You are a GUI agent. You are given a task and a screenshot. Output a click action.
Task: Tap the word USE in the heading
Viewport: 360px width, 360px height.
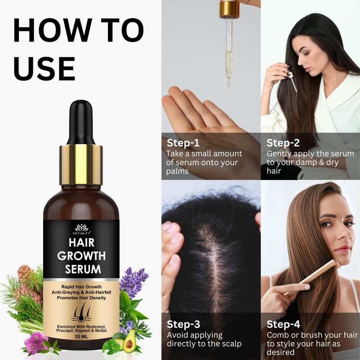(x=44, y=67)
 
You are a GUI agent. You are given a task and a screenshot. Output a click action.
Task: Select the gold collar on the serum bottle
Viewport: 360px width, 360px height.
(x=81, y=165)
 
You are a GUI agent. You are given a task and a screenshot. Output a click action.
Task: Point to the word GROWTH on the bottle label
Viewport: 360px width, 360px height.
(x=81, y=256)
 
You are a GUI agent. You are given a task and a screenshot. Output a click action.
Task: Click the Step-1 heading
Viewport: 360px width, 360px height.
(x=183, y=143)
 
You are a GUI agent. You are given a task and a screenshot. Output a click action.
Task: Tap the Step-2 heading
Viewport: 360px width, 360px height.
(x=283, y=143)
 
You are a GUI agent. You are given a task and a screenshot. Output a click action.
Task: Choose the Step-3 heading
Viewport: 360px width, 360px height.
(x=183, y=324)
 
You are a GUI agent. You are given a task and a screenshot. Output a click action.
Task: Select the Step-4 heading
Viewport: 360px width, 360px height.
(x=283, y=324)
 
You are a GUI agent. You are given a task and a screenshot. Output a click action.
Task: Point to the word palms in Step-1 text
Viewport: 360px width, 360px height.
(x=177, y=171)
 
